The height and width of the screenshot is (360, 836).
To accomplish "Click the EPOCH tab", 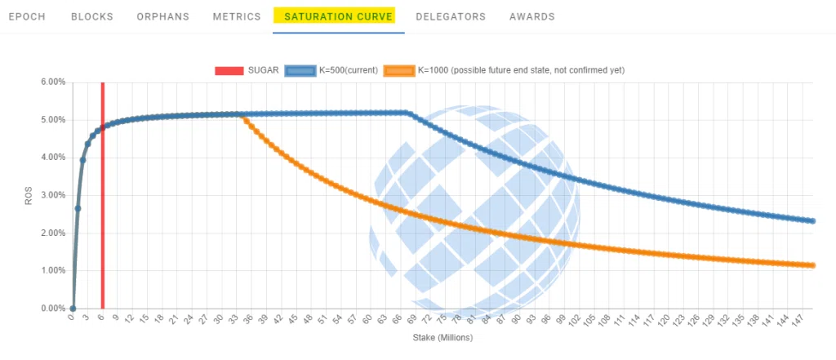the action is point(27,16).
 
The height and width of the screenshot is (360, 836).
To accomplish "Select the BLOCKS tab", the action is point(92,16).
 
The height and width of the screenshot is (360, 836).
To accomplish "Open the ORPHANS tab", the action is point(163,16).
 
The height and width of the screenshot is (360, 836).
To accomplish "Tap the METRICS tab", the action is point(237,16).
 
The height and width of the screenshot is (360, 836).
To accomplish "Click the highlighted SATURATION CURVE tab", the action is point(339,16).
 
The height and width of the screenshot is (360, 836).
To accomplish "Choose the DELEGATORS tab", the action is point(451,16).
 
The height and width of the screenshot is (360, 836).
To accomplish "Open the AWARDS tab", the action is point(532,16).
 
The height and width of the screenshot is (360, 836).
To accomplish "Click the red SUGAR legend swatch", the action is point(229,70).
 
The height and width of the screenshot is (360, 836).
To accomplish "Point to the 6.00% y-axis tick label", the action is point(52,82).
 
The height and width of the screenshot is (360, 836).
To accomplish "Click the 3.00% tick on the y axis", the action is point(52,195).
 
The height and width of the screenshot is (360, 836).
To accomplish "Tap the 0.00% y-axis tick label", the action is point(52,309).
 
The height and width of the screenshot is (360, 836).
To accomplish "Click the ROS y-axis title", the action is point(29,195).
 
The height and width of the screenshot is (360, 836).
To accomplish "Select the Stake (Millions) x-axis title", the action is point(442,338).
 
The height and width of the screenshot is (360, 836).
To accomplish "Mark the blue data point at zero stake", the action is point(73,309).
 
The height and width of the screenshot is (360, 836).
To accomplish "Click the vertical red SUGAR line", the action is point(102,195).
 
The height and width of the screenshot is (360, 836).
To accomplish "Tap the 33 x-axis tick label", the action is point(233,319).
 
